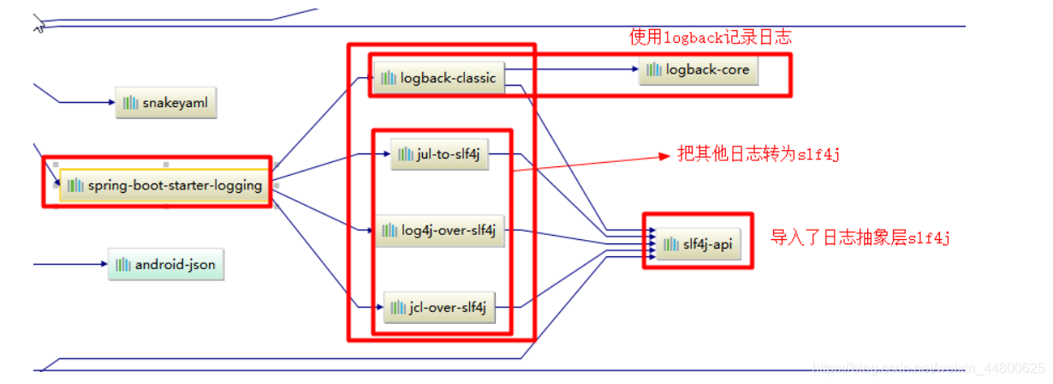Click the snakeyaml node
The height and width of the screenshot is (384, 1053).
166,103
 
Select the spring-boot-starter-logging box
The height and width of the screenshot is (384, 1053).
165,185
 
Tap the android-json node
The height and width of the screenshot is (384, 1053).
166,265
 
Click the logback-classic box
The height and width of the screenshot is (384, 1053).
438,78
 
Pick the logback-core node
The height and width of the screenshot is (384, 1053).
699,69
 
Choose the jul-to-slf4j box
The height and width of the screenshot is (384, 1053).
439,154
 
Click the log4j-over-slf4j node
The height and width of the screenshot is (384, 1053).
440,230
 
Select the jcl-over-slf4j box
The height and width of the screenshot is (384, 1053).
439,308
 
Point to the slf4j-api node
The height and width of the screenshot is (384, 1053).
698,244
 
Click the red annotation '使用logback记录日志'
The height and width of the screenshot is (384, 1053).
711,37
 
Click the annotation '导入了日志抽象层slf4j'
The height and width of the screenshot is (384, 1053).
860,238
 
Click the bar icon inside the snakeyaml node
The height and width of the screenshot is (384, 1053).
130,103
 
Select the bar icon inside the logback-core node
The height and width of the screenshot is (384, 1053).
654,69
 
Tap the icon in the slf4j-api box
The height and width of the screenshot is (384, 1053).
670,244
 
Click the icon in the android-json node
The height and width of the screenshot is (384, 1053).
123,265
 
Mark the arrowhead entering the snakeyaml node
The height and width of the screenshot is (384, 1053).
111,103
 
